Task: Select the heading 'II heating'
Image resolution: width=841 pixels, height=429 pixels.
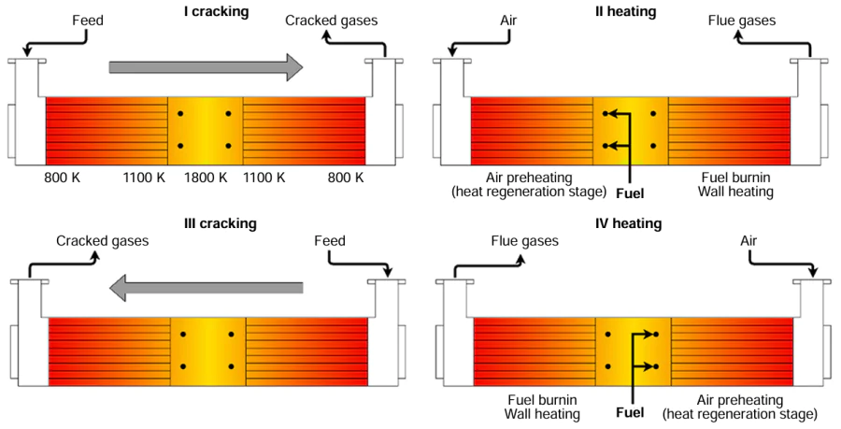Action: tap(626, 12)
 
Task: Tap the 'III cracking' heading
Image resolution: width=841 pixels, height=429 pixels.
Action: tap(220, 223)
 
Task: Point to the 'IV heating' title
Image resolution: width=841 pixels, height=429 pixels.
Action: tap(629, 223)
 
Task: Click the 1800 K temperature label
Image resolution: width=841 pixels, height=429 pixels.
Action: tap(205, 177)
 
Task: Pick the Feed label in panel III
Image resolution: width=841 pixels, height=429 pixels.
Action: tap(329, 241)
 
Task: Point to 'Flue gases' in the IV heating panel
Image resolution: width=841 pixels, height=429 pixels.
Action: tap(525, 241)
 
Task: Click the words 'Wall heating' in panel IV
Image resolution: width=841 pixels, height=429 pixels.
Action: tap(542, 413)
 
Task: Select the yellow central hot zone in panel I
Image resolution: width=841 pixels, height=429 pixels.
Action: tap(205, 131)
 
